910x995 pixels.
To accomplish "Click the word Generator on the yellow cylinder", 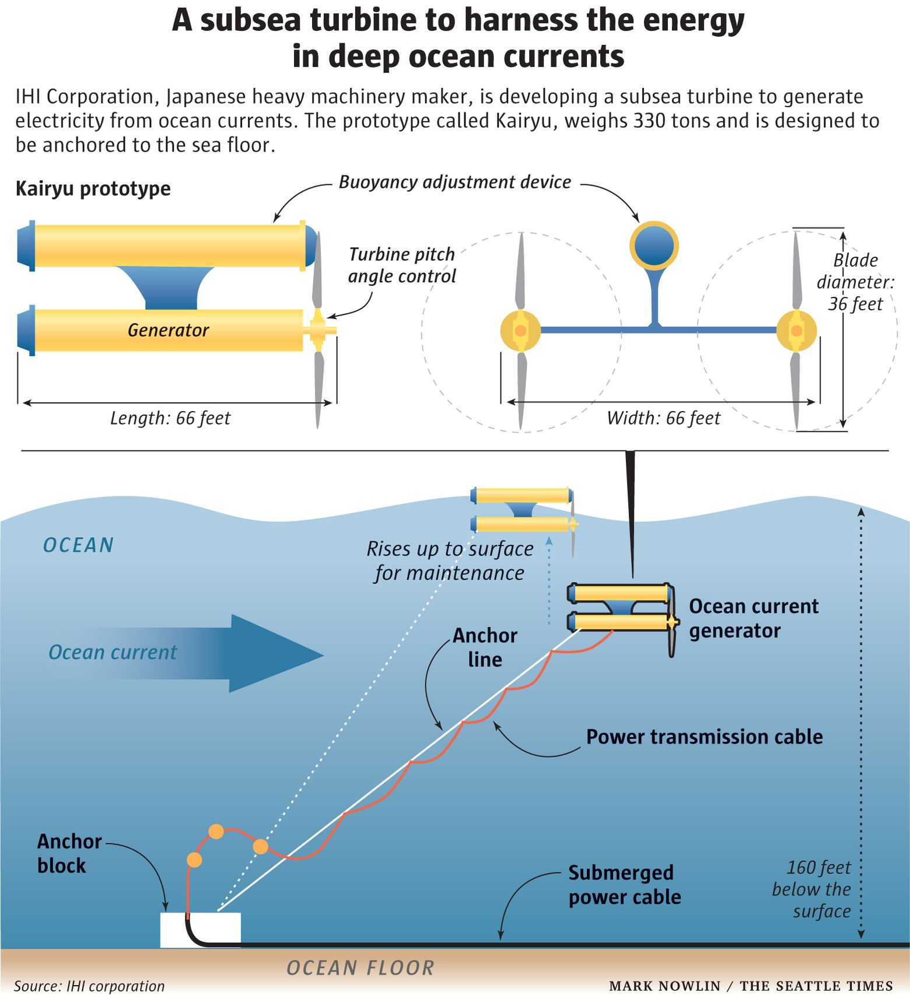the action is coord(168,330).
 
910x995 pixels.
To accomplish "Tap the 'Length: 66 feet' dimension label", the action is coord(170,418).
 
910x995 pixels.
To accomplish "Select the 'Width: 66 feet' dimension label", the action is coord(663,418).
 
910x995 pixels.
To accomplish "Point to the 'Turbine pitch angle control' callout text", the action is coord(402,265).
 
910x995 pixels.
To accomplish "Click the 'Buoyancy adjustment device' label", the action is coord(455,182).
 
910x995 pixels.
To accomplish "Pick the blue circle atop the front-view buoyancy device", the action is coord(654,246).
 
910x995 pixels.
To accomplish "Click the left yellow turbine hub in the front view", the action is coord(520,331).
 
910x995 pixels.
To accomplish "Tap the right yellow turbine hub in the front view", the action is coord(796,331).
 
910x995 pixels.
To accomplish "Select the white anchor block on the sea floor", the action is coord(200,930).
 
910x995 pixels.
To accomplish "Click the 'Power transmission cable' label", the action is coord(704,737).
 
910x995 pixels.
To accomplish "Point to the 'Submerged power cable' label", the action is coord(624,884).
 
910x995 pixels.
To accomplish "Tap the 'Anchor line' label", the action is coord(485,647).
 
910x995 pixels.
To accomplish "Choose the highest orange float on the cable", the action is coord(216,831).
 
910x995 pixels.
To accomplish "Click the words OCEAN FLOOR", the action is coord(360,968).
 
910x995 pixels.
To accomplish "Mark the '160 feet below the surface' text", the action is coord(811,889).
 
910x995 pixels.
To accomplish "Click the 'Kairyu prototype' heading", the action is coord(93,188).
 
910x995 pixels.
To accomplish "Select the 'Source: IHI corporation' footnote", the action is coord(89,985).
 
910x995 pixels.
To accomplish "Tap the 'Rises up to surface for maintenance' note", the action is coord(450,560).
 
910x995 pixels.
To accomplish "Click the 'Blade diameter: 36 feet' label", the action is coord(855,282).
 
